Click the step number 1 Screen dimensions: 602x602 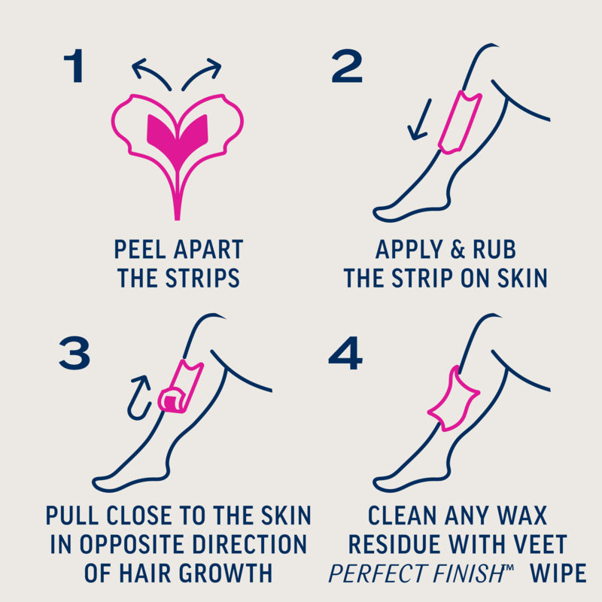pyautogui.click(x=74, y=65)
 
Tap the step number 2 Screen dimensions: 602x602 pyautogui.click(x=347, y=65)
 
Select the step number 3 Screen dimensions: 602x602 pyautogui.click(x=74, y=353)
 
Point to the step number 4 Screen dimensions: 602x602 pyautogui.click(x=345, y=353)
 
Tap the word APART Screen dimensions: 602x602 pyautogui.click(x=208, y=250)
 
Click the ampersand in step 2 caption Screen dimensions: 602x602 pyautogui.click(x=458, y=250)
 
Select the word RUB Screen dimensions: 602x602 pyautogui.click(x=494, y=250)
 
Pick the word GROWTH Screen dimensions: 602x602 pyautogui.click(x=225, y=573)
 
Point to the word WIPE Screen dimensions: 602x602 pyautogui.click(x=558, y=573)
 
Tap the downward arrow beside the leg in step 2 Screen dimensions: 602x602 pyautogui.click(x=420, y=120)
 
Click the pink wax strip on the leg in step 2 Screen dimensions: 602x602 pyautogui.click(x=460, y=122)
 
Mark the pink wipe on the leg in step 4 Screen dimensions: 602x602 pyautogui.click(x=453, y=400)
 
